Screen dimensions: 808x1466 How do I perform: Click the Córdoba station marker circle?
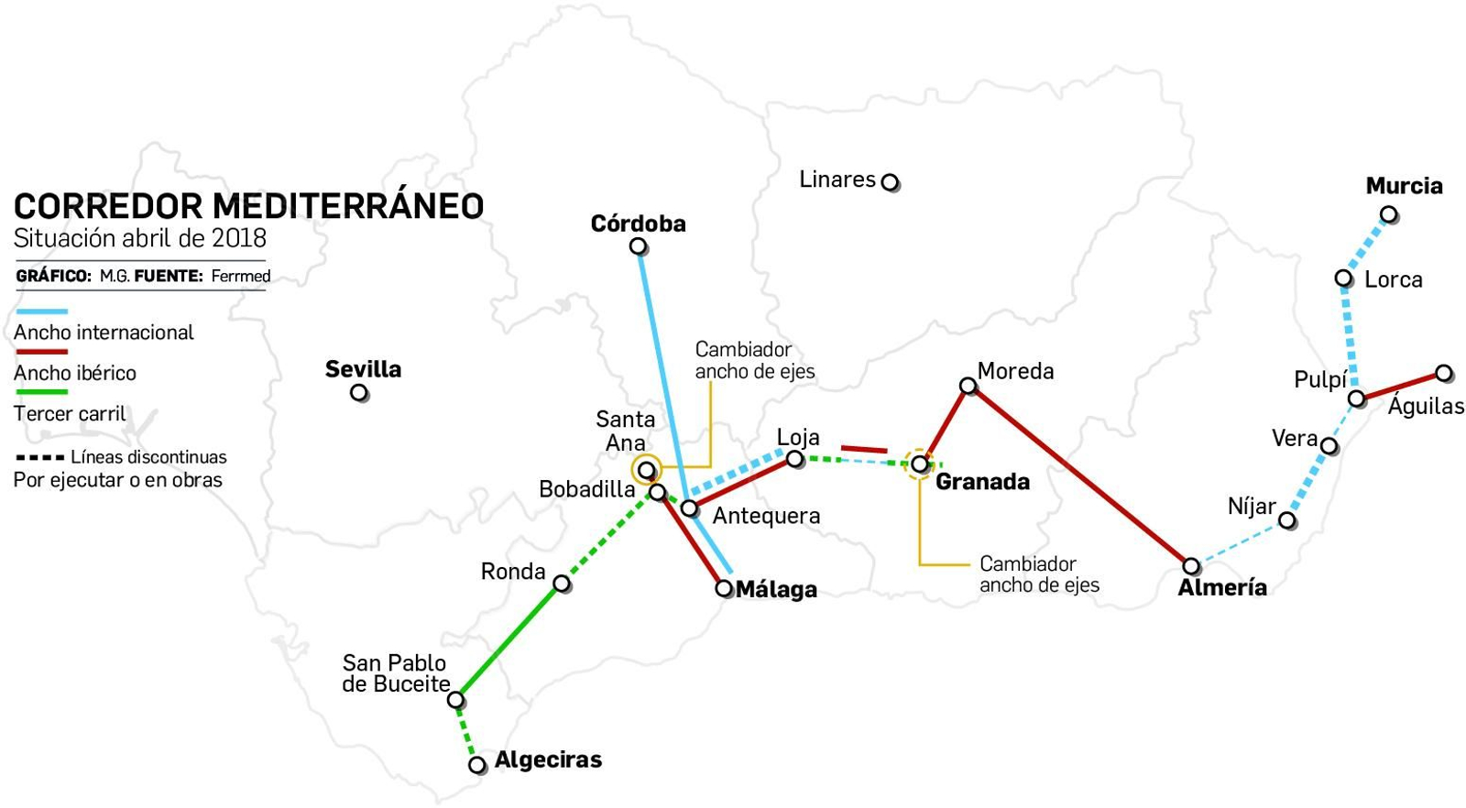(x=639, y=247)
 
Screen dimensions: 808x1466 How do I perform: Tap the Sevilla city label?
(x=363, y=369)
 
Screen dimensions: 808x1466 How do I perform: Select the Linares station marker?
(x=890, y=182)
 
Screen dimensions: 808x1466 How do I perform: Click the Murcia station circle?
(x=1389, y=215)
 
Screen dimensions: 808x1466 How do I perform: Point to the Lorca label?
(x=1393, y=279)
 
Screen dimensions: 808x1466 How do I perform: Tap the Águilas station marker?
(x=1444, y=373)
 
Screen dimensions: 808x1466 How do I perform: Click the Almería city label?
(x=1222, y=588)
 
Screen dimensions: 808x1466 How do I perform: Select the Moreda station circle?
(x=968, y=386)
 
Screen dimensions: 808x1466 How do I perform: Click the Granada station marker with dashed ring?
(x=919, y=464)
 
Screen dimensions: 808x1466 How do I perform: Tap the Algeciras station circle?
(x=476, y=764)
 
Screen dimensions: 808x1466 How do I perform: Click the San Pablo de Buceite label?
(x=395, y=673)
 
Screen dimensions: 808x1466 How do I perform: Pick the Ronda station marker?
(x=563, y=584)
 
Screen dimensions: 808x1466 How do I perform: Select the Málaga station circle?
(x=724, y=588)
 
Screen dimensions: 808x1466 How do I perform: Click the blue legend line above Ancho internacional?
(x=41, y=312)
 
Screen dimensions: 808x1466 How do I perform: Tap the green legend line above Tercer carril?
(x=41, y=392)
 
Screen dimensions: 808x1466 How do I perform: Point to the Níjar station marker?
(x=1286, y=520)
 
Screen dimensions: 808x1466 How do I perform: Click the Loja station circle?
(x=795, y=459)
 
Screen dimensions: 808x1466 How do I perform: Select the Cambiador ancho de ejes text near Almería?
(x=1039, y=574)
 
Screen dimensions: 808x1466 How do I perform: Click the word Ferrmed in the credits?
(x=241, y=276)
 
